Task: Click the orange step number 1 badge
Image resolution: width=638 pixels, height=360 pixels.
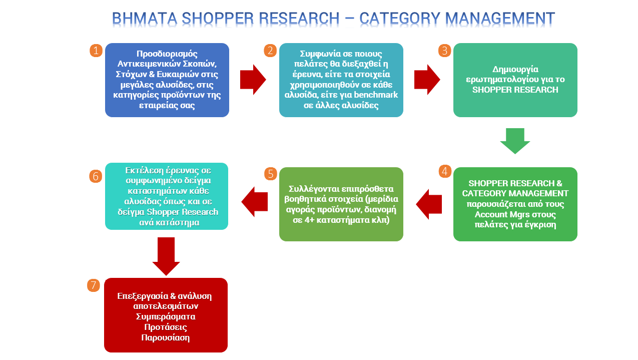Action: click(x=96, y=51)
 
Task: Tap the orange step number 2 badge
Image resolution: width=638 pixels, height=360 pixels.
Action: click(x=270, y=51)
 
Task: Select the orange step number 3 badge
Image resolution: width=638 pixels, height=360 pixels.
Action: click(x=444, y=51)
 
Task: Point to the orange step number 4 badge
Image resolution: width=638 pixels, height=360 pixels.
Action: click(x=444, y=171)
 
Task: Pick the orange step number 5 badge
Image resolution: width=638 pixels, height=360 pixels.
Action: click(x=270, y=174)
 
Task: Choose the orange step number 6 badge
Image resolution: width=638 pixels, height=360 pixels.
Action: click(x=96, y=176)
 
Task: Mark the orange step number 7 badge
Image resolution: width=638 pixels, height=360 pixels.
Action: click(x=94, y=285)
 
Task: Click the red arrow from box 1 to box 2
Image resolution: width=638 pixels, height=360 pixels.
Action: click(x=253, y=80)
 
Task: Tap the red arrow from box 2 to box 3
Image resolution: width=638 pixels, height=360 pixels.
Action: click(x=427, y=80)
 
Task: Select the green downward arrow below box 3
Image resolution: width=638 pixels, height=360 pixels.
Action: click(x=515, y=140)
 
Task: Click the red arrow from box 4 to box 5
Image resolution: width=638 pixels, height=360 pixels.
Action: click(x=429, y=204)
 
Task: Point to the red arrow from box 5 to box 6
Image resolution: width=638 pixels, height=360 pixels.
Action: click(x=255, y=202)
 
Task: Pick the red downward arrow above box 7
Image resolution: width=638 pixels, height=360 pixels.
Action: click(x=166, y=256)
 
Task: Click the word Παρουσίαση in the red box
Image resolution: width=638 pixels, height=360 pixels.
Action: click(x=166, y=337)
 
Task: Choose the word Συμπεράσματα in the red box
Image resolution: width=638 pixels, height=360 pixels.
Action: click(x=166, y=316)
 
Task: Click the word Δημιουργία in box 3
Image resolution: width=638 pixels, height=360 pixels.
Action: click(x=515, y=69)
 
